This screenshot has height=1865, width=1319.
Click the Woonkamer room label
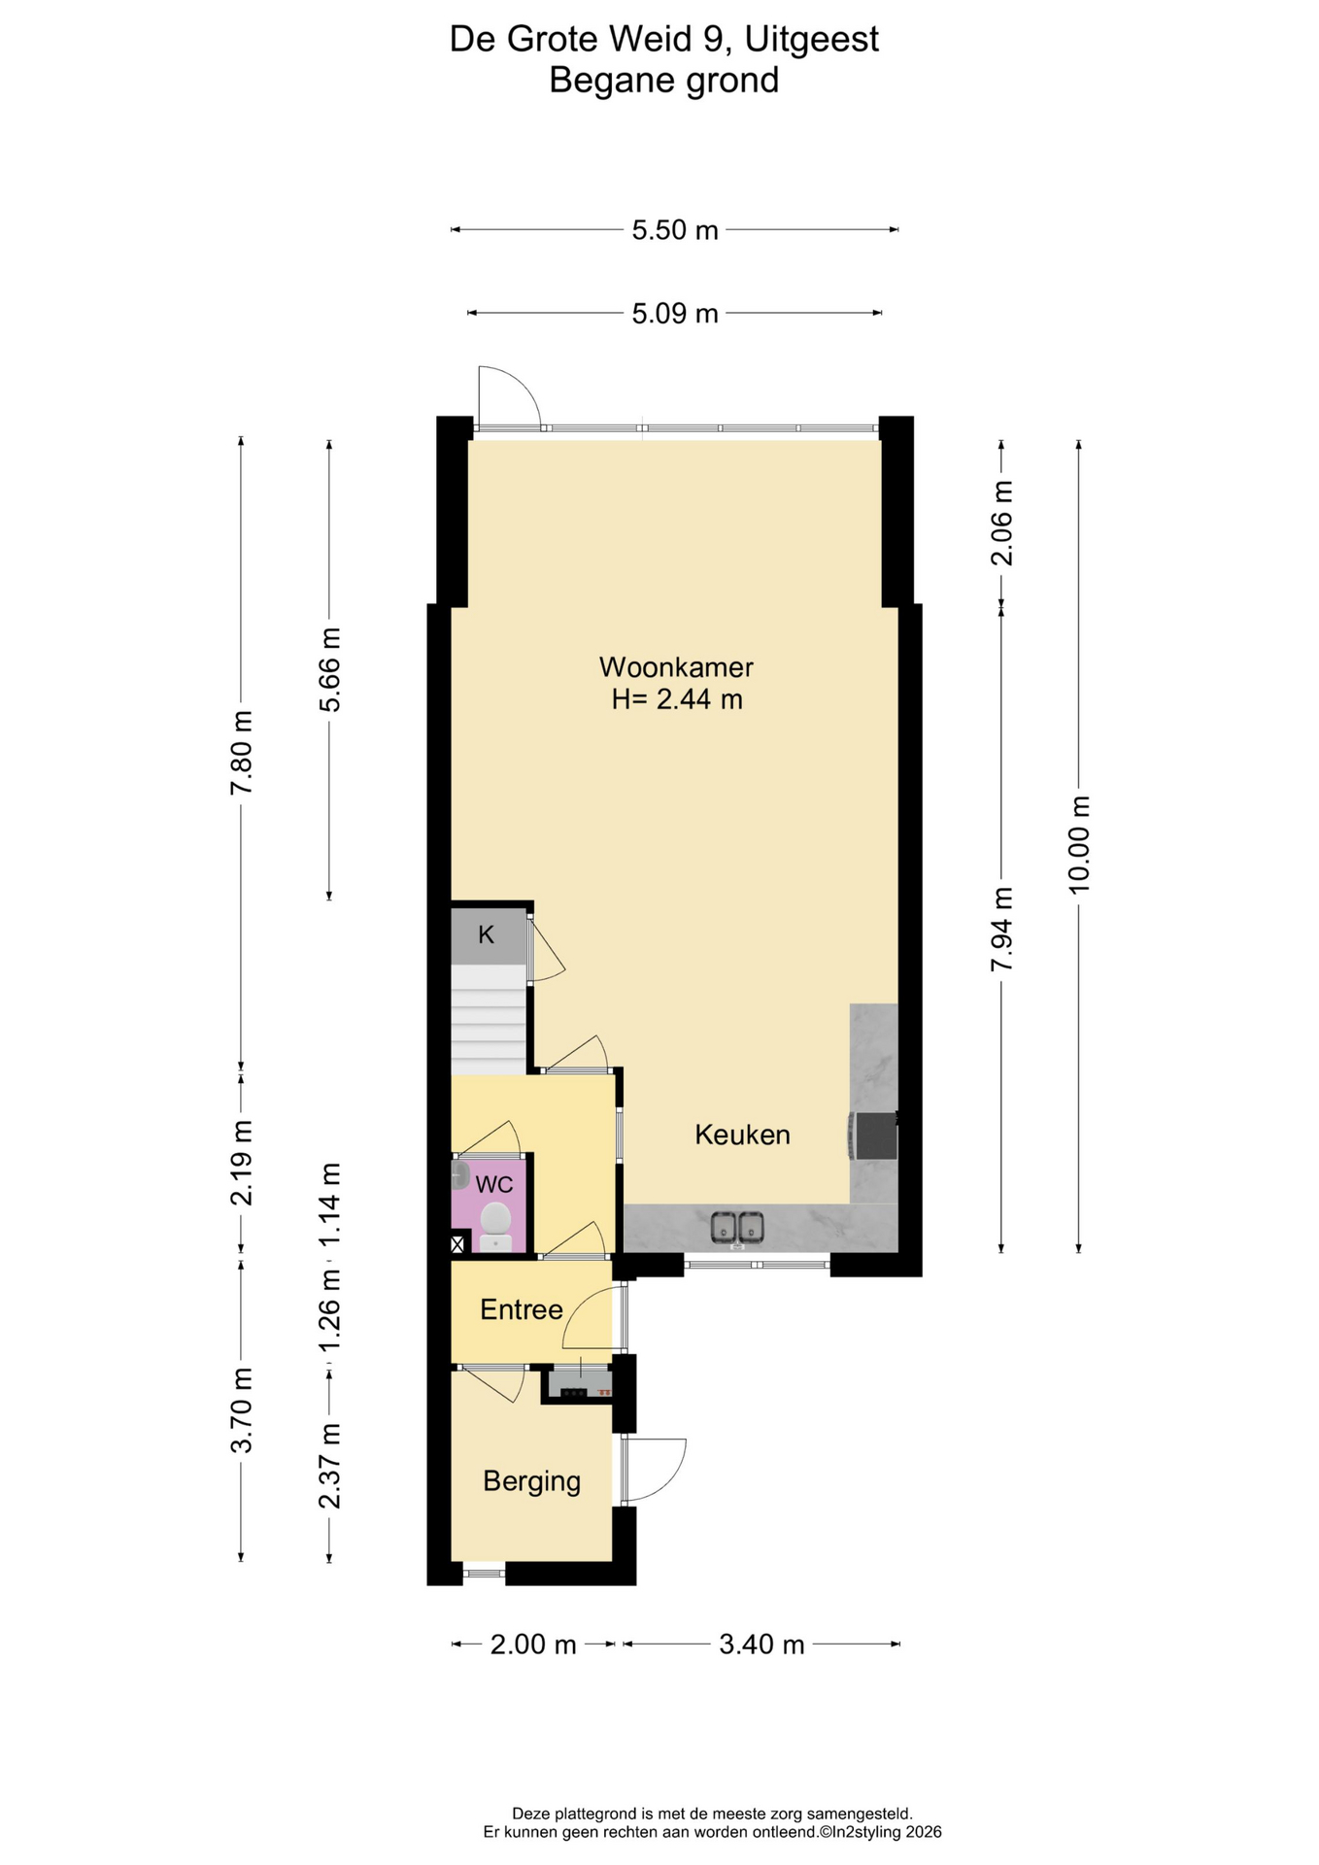676,667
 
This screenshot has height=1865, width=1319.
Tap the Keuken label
742,1135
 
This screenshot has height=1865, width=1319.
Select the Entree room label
522,1309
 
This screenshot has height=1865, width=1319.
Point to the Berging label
531,1481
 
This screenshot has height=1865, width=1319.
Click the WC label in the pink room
493,1185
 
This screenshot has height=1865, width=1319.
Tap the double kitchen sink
737,1228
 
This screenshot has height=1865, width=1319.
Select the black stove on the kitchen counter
873,1136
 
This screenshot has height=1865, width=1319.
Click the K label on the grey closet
487,934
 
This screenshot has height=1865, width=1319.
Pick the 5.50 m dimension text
675,230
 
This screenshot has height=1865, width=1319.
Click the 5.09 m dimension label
675,314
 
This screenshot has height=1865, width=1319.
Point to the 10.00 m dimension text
1079,844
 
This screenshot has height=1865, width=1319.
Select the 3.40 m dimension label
761,1645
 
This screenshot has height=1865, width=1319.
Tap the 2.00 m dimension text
533,1645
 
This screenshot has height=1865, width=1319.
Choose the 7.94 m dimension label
1001,929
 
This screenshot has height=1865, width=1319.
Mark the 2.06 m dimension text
1001,523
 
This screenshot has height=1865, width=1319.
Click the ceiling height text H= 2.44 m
676,699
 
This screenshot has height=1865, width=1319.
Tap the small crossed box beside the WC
457,1243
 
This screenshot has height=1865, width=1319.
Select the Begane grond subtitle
663,80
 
